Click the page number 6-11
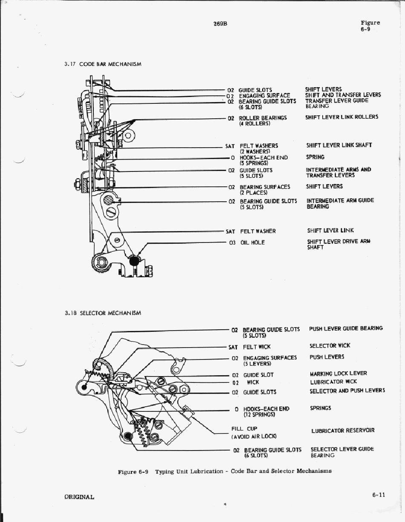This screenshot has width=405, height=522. pyautogui.click(x=378, y=495)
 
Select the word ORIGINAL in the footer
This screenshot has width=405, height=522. pyautogui.click(x=79, y=496)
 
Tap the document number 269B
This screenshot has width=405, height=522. pyautogui.click(x=220, y=24)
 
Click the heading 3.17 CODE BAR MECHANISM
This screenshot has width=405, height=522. pyautogui.click(x=103, y=64)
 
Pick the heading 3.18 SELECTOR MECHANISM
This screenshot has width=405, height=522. pyautogui.click(x=103, y=313)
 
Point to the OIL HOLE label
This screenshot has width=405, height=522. pyautogui.click(x=252, y=242)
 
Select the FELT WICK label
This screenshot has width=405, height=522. pyautogui.click(x=257, y=347)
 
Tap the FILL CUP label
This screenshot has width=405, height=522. pyautogui.click(x=244, y=429)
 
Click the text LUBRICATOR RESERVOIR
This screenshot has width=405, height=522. pyautogui.click(x=343, y=431)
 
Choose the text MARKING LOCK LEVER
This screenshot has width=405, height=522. pyautogui.click(x=338, y=374)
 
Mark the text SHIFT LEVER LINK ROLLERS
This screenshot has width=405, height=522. pyautogui.click(x=341, y=117)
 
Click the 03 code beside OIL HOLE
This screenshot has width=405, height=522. pyautogui.click(x=232, y=242)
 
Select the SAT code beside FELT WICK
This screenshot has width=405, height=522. pyautogui.click(x=233, y=347)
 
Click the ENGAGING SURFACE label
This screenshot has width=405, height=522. pyautogui.click(x=264, y=96)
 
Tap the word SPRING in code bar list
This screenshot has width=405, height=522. pyautogui.click(x=315, y=157)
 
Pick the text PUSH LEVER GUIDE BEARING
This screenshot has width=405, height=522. pyautogui.click(x=346, y=328)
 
